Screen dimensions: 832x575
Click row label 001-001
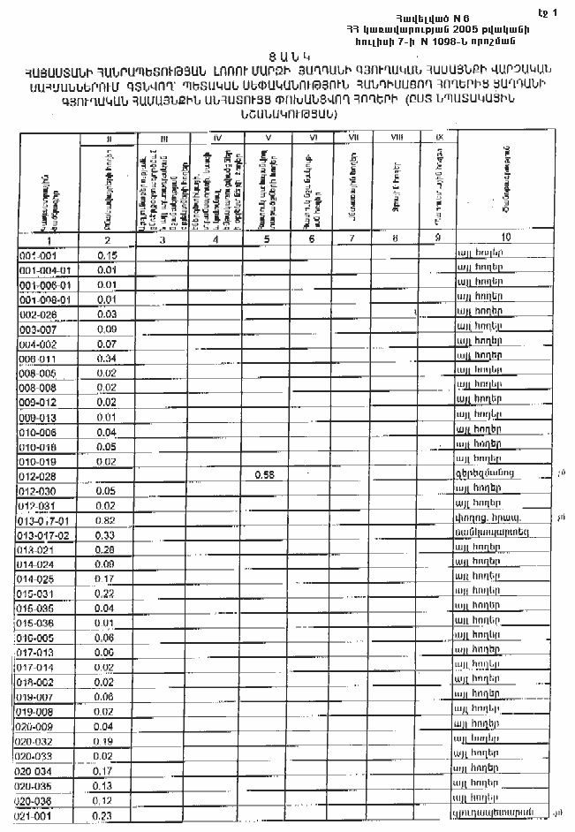click(36, 255)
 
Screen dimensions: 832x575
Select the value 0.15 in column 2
click(108, 255)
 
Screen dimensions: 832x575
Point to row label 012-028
click(37, 475)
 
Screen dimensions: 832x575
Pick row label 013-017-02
click(42, 535)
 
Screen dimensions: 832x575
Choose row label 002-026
click(37, 314)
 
